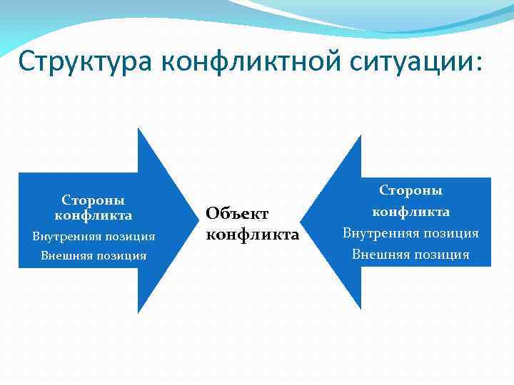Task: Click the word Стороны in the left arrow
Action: [94, 200]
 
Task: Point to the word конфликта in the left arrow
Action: [94, 215]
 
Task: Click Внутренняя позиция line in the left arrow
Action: [94, 236]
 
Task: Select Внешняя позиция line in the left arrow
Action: [94, 255]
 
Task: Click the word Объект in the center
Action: [237, 212]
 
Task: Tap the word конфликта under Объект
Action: [252, 234]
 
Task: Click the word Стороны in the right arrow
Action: [410, 190]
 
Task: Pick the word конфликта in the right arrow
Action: [410, 212]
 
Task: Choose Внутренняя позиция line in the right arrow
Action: [410, 233]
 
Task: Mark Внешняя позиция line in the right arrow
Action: [410, 255]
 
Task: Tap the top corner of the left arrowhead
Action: [138, 129]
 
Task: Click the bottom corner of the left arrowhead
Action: [138, 312]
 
